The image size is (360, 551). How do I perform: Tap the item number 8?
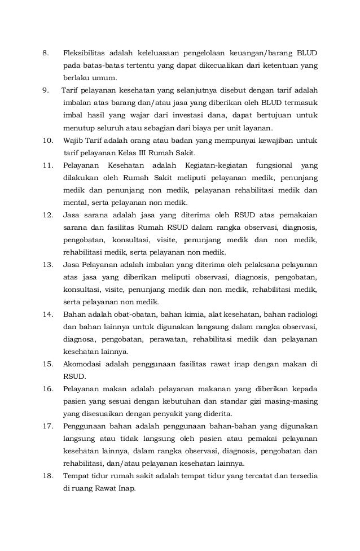[45, 54]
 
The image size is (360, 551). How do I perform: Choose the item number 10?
[47, 140]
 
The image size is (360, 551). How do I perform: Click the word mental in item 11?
[74, 202]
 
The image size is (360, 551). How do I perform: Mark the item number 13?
[47, 264]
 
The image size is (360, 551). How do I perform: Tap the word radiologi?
[296, 314]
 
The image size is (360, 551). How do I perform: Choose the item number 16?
[47, 388]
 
